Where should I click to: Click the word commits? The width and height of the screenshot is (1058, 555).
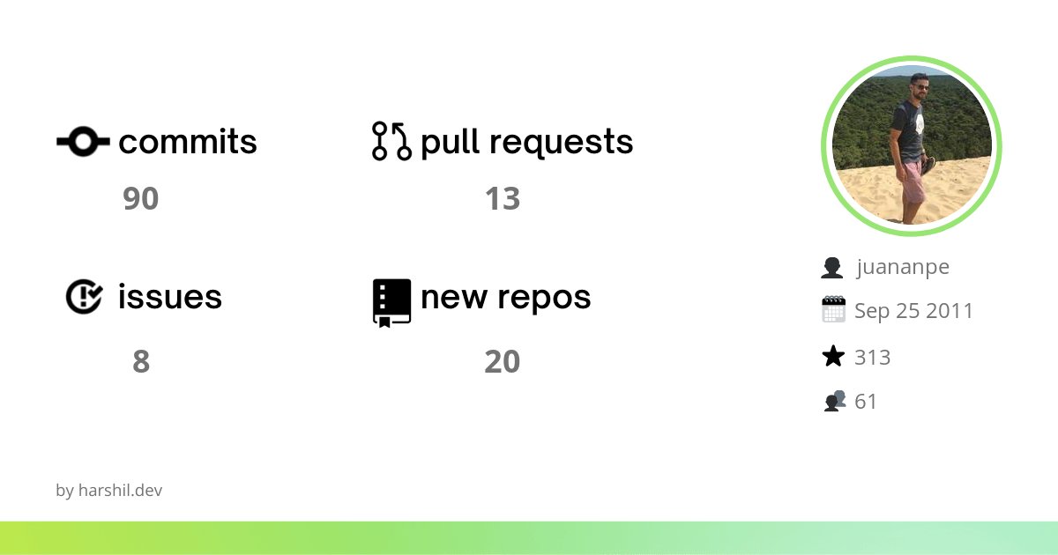(188, 142)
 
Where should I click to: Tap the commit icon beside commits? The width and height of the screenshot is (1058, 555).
(83, 141)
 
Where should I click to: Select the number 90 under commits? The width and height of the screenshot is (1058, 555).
(141, 199)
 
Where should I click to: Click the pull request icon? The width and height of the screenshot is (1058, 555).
(391, 141)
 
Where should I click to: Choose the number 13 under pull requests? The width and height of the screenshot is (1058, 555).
(503, 199)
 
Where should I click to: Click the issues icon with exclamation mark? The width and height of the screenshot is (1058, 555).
(84, 296)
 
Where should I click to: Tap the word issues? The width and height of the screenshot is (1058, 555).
(170, 297)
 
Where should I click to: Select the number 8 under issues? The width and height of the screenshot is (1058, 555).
(141, 362)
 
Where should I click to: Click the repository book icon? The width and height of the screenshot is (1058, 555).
(391, 302)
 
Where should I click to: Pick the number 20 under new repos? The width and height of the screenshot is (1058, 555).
(503, 362)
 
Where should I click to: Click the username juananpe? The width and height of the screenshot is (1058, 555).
(903, 267)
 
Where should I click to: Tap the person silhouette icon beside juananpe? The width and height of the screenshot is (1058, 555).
(832, 267)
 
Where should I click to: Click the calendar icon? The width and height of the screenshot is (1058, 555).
(833, 310)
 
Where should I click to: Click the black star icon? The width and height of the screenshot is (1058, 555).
(833, 357)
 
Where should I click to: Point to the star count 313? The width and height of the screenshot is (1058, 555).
(873, 357)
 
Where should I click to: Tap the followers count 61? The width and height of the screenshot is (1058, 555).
(866, 402)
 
